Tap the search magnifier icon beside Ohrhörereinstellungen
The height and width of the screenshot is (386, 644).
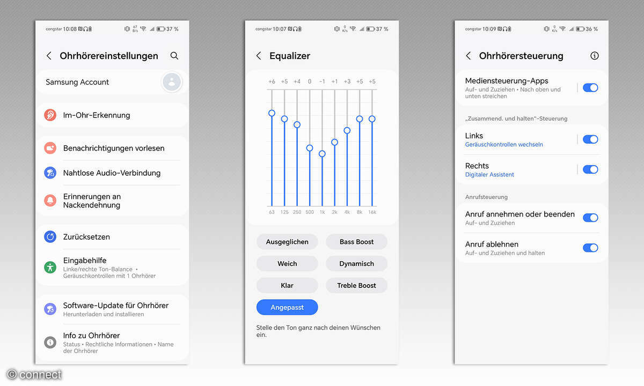tap(174, 56)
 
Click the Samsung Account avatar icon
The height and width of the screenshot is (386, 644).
tap(172, 82)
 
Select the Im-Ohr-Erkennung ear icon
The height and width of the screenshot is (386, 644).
tap(50, 115)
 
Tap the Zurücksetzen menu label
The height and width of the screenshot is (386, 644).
tap(86, 237)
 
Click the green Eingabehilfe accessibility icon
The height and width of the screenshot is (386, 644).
tap(50, 268)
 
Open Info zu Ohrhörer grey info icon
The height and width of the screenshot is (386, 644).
tap(50, 343)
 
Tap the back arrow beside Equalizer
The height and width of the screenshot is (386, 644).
tap(259, 56)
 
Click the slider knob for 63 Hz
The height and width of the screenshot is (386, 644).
tap(272, 113)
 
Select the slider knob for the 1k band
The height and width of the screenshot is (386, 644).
tap(322, 154)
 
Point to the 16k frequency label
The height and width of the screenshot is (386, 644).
tap(372, 212)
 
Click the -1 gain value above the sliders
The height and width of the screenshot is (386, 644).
tap(322, 81)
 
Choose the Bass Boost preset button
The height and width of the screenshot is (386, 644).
tap(356, 242)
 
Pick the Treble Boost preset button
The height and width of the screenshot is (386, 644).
tap(356, 285)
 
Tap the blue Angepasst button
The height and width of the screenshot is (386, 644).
tap(287, 307)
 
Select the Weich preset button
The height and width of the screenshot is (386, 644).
tap(287, 264)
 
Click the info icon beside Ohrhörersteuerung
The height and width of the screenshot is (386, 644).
tap(595, 56)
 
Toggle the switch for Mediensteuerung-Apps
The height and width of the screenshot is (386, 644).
tap(590, 87)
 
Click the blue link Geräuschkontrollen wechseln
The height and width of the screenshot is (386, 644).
tap(504, 144)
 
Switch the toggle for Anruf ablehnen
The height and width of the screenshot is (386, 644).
tap(590, 248)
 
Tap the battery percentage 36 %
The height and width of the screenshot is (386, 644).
tap(592, 29)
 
